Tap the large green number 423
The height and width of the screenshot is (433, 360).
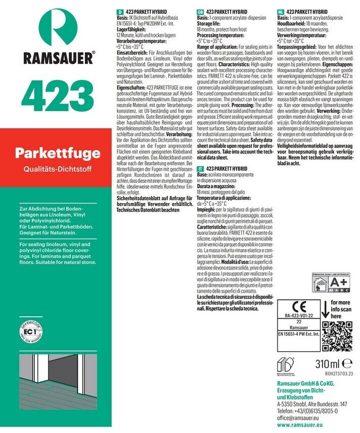click(52, 94)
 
